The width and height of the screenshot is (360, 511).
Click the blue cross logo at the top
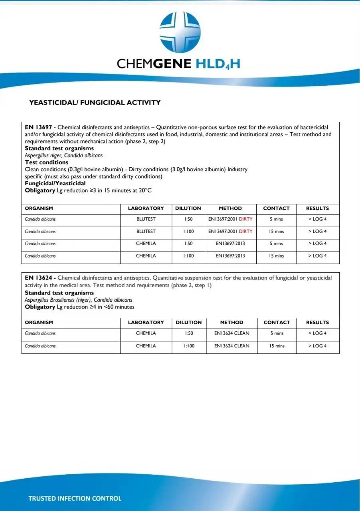tap(180, 32)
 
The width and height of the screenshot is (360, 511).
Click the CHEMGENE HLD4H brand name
tap(178, 63)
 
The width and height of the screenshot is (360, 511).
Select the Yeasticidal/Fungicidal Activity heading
tap(95, 103)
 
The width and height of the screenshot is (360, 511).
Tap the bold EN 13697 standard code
tap(38, 127)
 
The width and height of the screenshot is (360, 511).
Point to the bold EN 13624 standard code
tap(38, 278)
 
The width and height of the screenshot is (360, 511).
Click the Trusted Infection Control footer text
tap(75, 498)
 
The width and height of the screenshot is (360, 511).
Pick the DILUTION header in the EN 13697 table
tap(188, 208)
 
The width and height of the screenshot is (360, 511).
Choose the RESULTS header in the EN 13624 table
tap(317, 323)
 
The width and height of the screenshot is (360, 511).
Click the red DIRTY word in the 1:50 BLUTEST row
tap(245, 219)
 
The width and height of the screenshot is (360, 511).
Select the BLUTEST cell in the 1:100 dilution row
tap(146, 232)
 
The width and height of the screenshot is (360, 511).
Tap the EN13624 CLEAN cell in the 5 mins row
tap(231, 333)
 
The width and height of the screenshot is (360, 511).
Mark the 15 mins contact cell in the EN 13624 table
tap(277, 346)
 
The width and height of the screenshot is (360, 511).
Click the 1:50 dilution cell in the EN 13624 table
tap(189, 333)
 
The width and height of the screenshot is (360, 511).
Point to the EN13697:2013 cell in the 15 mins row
tap(230, 256)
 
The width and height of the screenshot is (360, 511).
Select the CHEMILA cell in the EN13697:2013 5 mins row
tap(146, 244)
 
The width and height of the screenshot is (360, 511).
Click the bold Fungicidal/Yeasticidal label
tap(55, 183)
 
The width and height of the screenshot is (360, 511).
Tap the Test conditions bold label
tap(46, 162)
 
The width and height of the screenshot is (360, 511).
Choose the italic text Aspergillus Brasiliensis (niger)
tap(58, 300)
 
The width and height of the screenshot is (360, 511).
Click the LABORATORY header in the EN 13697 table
tap(146, 208)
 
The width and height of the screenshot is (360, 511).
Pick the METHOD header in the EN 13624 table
tap(231, 323)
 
